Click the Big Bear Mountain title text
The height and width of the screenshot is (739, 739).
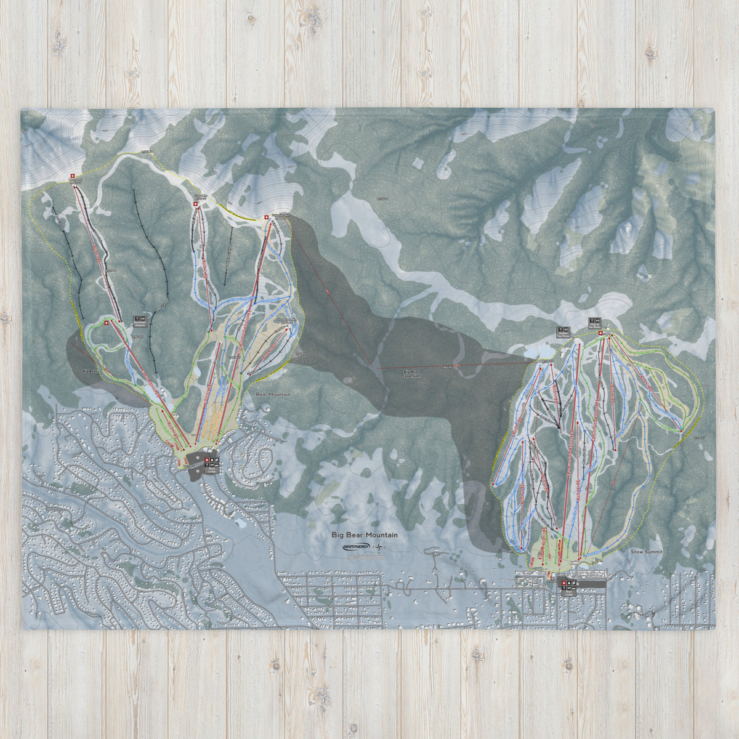(x=365, y=535)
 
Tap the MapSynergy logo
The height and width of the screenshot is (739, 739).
(x=358, y=546)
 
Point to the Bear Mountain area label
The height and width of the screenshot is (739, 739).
(x=273, y=394)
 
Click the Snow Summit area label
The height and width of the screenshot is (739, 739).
(x=647, y=552)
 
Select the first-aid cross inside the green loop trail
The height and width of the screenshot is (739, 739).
(x=105, y=323)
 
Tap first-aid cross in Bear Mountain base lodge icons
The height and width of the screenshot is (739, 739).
(x=207, y=459)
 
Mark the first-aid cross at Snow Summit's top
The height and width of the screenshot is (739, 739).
(x=601, y=333)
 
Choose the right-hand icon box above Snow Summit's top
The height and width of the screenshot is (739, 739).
(x=594, y=322)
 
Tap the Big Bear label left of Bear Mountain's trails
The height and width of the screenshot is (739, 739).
(x=90, y=372)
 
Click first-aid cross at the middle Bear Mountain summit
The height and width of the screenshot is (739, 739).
(x=196, y=201)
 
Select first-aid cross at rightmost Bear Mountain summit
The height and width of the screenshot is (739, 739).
(x=266, y=217)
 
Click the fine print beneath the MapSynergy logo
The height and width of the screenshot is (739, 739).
(x=363, y=555)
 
